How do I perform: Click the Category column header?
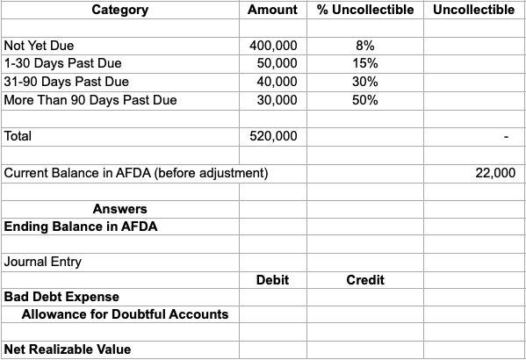(x=119, y=11)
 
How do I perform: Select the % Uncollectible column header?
(x=364, y=11)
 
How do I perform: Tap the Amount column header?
(x=272, y=11)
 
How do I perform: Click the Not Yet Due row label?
(x=40, y=45)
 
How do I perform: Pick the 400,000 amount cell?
(x=273, y=45)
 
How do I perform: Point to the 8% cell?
(x=365, y=45)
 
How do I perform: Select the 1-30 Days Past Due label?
(x=62, y=63)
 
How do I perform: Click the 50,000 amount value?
(x=277, y=63)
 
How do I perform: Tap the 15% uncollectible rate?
(x=365, y=63)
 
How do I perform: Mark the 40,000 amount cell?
(x=277, y=82)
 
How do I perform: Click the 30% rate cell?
(x=365, y=82)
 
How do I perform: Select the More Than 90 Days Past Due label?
(x=90, y=100)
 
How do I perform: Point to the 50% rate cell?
(x=365, y=100)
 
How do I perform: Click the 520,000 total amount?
(x=273, y=137)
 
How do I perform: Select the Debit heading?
(x=272, y=280)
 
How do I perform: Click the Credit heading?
(x=365, y=280)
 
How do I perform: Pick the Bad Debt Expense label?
(x=61, y=297)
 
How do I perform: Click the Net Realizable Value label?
(x=68, y=349)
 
